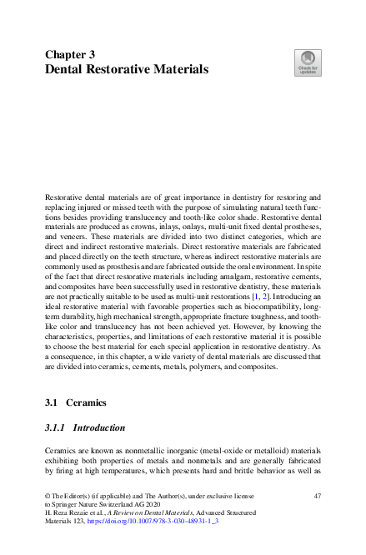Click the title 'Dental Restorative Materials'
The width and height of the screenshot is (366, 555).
(126, 69)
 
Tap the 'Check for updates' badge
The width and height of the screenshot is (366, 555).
(308, 63)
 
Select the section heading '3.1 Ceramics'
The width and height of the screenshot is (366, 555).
(80, 402)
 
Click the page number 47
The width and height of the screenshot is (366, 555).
(316, 495)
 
